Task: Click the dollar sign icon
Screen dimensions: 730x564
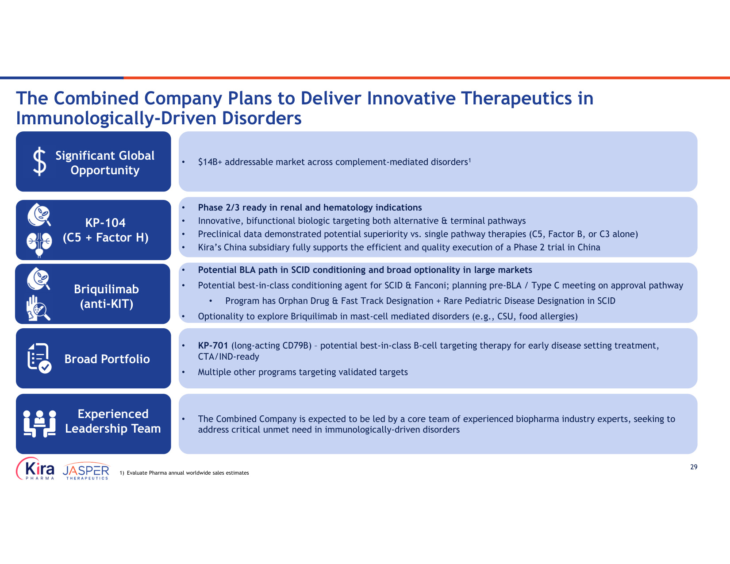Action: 40,161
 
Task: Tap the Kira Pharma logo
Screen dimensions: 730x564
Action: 35,468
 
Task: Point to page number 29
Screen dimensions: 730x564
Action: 694,467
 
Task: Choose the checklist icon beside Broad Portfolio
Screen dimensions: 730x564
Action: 39,358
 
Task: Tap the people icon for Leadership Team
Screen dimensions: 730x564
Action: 40,424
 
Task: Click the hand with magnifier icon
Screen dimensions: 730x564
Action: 38,308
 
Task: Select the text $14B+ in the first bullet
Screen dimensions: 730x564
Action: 210,162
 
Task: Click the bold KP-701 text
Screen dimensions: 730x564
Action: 213,345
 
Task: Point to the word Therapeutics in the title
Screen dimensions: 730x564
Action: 516,98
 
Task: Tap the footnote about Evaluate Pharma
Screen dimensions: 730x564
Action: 184,472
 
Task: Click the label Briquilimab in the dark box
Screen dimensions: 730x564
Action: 106,289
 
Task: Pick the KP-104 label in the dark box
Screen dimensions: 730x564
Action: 105,223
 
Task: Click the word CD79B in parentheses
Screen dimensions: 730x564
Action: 295,345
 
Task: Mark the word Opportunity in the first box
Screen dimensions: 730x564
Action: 105,170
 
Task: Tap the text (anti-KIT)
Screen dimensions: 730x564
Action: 107,304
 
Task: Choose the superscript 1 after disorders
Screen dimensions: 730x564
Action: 470,160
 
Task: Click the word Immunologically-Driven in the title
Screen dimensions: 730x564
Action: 116,119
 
